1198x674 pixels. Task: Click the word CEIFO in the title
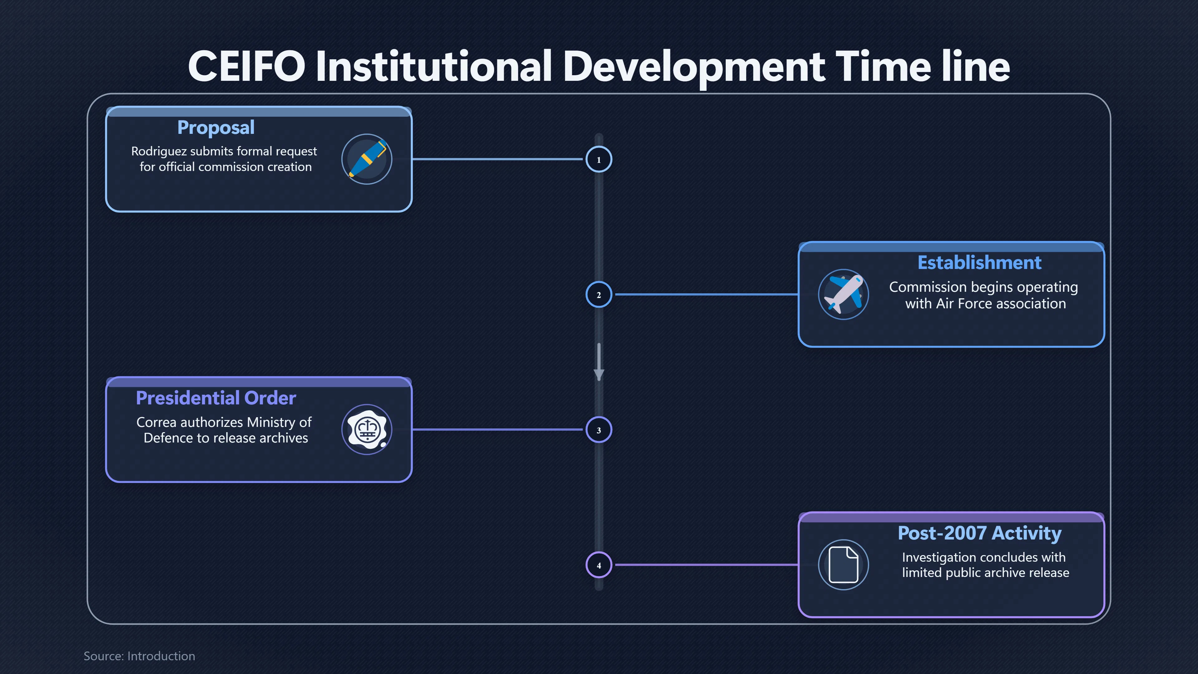[x=246, y=66]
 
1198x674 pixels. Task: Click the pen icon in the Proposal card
[x=367, y=159]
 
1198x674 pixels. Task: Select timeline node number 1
[x=599, y=159]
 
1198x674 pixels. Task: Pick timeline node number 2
[x=599, y=295]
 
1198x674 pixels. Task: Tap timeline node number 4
[x=599, y=565]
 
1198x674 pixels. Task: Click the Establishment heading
[x=979, y=263]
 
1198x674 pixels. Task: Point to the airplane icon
[x=844, y=295]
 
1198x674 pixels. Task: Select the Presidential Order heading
[x=216, y=398]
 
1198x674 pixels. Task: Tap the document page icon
[x=844, y=565]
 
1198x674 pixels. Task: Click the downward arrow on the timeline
[x=599, y=362]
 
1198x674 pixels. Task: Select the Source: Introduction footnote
[x=139, y=656]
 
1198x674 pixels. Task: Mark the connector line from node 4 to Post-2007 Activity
[x=706, y=565]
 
